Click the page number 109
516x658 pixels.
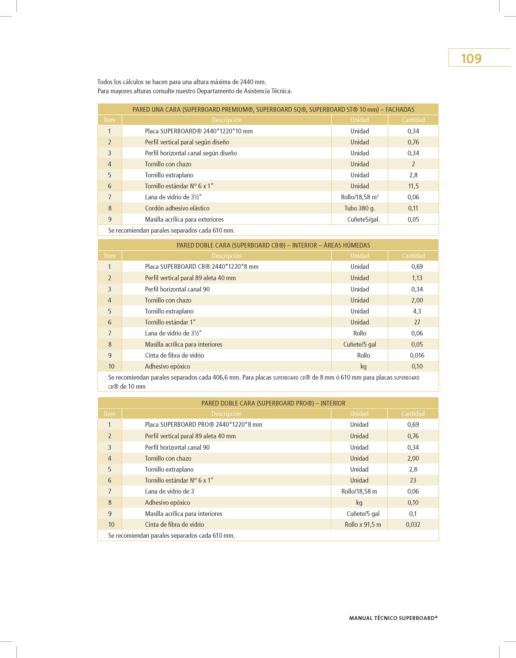click(471, 59)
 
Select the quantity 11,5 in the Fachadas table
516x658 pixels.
click(413, 186)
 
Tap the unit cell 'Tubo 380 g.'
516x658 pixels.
click(360, 208)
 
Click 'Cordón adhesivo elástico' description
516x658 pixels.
click(177, 208)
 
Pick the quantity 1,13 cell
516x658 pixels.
click(417, 278)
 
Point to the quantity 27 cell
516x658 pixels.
click(417, 322)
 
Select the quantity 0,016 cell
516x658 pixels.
click(417, 355)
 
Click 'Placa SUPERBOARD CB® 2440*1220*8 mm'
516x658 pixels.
click(202, 267)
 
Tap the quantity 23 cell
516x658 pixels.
click(413, 480)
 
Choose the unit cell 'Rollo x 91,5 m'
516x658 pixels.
click(363, 524)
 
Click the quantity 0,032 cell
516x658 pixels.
click(413, 524)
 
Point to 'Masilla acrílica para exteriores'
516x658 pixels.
click(184, 220)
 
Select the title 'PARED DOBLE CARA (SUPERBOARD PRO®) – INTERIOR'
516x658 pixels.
click(273, 403)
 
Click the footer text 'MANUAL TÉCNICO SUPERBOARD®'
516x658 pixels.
click(393, 618)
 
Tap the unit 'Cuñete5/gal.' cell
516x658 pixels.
click(363, 220)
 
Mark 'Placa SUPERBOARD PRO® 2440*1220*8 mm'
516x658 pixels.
click(203, 425)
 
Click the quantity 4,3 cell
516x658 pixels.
click(417, 311)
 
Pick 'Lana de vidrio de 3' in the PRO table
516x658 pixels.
click(169, 492)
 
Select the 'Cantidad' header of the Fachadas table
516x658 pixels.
click(413, 120)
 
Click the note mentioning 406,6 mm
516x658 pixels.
click(263, 382)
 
